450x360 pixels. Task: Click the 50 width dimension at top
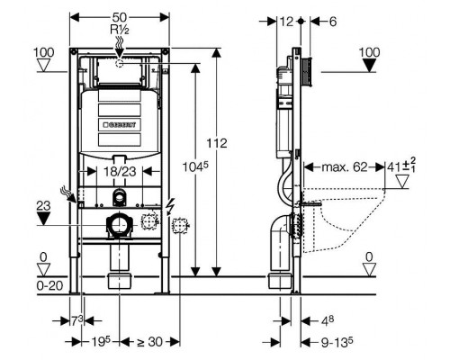point(120,17)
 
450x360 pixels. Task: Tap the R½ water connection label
point(120,30)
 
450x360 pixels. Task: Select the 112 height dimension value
point(216,143)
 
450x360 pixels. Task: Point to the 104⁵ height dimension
point(195,166)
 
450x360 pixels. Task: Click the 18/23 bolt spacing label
point(120,172)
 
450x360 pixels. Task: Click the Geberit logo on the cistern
point(120,124)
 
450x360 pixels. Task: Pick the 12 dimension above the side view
point(286,22)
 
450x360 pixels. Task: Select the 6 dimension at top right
point(333,22)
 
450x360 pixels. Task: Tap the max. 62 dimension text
point(345,166)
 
